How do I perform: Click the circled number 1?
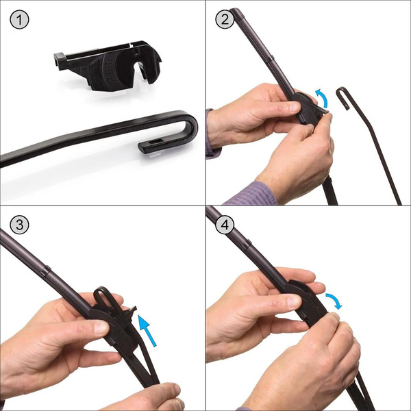18,19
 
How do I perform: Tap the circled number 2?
224,19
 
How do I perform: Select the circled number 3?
18,225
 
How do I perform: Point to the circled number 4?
224,225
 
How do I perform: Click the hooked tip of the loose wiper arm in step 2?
343,92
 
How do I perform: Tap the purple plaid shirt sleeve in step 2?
250,192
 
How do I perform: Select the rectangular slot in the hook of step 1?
151,145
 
